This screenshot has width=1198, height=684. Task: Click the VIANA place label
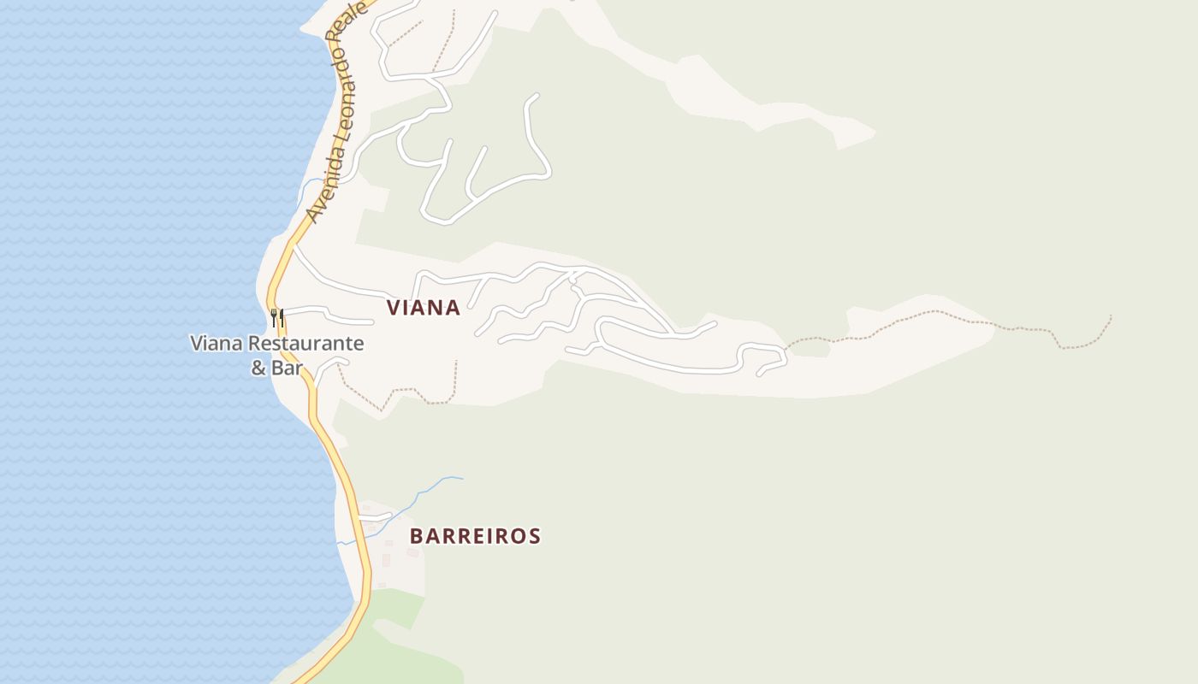[x=424, y=308]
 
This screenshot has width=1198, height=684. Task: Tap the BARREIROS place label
[x=475, y=536]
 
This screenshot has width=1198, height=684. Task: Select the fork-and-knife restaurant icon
[x=277, y=318]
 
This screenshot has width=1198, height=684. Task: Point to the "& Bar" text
[x=277, y=369]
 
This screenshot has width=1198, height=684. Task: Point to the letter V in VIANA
[x=393, y=308]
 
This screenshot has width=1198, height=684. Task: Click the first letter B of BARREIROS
[x=417, y=536]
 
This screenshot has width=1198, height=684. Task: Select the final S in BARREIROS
[x=535, y=536]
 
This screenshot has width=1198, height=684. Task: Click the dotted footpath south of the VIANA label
[x=402, y=393]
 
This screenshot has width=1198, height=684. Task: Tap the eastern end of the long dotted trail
[x=1110, y=318]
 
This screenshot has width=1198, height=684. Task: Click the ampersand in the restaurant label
[x=258, y=369]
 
